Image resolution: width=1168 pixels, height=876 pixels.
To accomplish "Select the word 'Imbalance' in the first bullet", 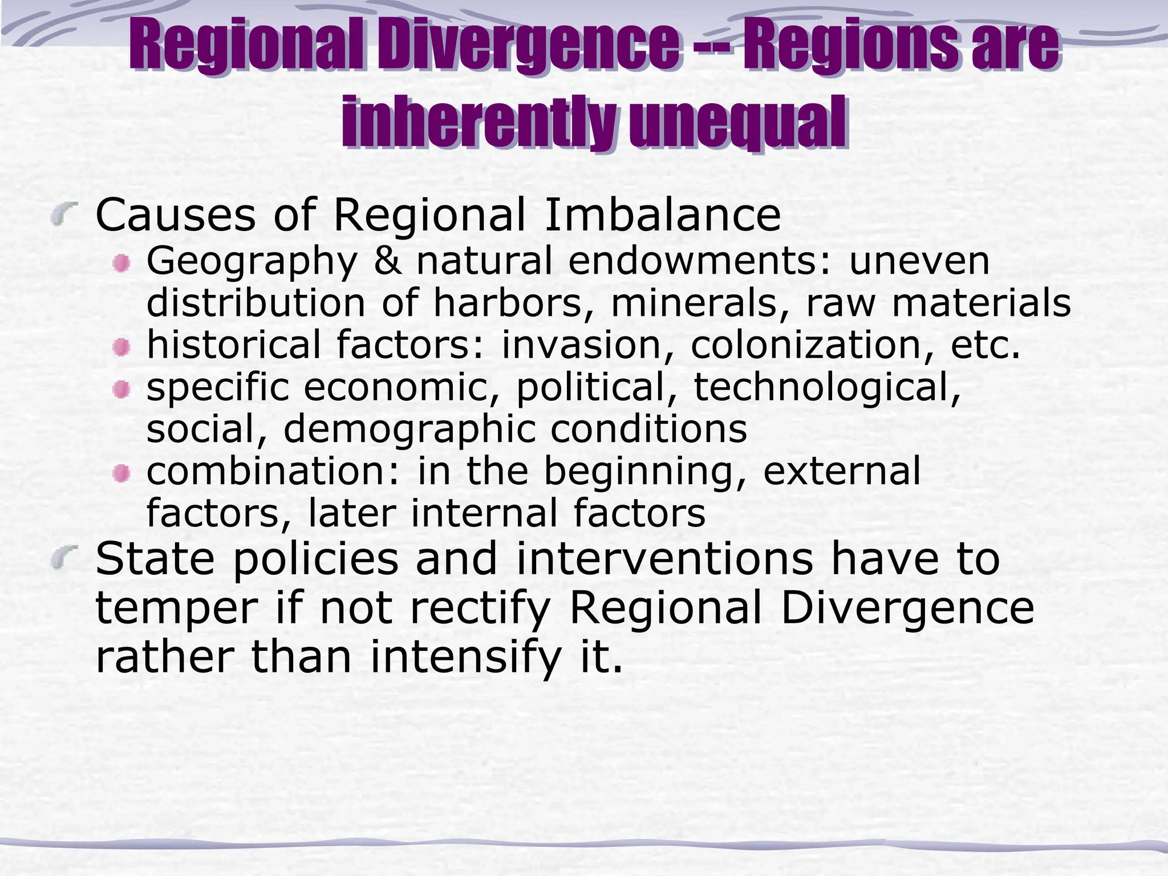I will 662,215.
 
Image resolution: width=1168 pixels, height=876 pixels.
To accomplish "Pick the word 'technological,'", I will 828,387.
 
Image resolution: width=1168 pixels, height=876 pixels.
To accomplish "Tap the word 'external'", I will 842,471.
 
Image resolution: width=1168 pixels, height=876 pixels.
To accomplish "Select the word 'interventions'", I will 664,558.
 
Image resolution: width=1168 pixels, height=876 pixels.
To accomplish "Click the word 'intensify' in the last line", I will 466,657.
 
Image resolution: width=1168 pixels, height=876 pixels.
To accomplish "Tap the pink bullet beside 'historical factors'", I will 121,347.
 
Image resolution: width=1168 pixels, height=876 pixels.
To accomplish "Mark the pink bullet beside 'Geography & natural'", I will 121,263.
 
